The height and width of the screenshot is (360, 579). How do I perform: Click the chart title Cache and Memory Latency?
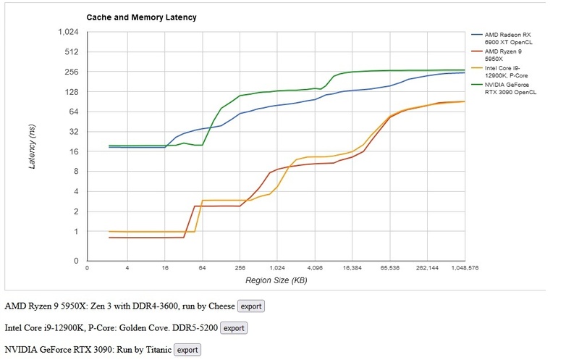[x=141, y=16]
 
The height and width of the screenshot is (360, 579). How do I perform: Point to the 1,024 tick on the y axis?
[x=67, y=32]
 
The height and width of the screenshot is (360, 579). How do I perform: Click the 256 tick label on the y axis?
[x=71, y=72]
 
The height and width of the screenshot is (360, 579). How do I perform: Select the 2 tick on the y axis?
[x=75, y=212]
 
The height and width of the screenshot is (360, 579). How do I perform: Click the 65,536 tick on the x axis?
[x=389, y=268]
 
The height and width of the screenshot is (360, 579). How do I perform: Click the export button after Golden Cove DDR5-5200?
[x=234, y=328]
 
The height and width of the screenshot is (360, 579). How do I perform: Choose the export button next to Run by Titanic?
[x=187, y=350]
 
